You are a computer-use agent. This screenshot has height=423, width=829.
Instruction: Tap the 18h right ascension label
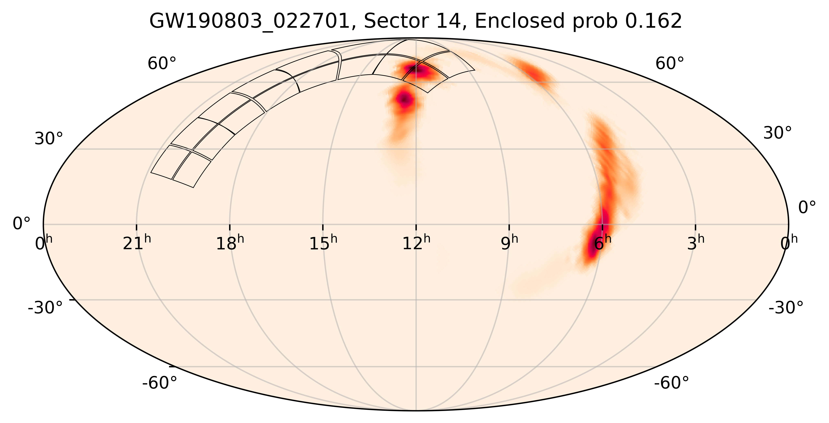pos(230,243)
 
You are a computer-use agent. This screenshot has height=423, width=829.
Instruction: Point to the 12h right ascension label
pos(416,243)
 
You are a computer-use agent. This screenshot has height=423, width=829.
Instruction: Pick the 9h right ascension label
pos(509,243)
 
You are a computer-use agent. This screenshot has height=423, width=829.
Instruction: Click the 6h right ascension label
pos(602,243)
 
